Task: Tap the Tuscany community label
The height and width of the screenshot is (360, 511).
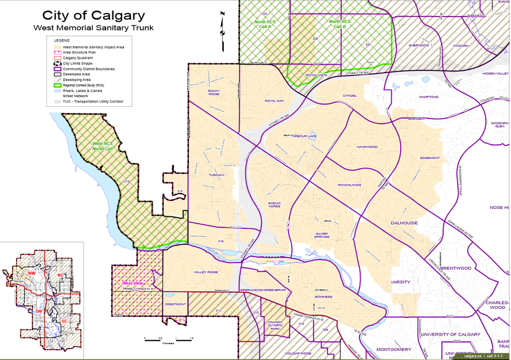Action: (x=217, y=175)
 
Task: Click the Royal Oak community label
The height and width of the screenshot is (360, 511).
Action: (x=274, y=101)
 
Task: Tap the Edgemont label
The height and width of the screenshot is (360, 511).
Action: (x=430, y=157)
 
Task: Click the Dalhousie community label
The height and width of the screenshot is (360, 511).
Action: (x=404, y=223)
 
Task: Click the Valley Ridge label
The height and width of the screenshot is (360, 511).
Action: (x=206, y=272)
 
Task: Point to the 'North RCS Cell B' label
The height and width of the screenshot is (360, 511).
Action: (x=340, y=24)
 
